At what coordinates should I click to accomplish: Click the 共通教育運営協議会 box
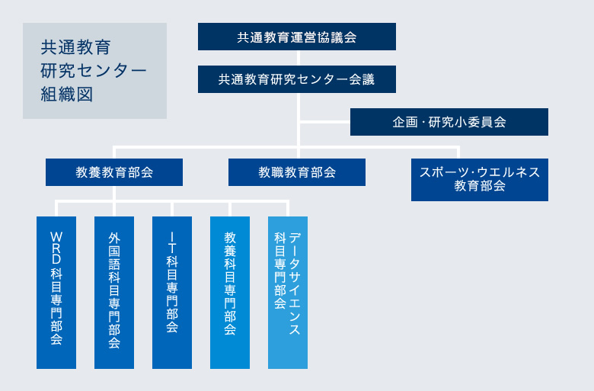click(x=297, y=37)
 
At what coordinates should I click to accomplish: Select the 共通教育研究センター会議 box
click(x=297, y=79)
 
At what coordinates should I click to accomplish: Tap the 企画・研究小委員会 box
click(x=449, y=122)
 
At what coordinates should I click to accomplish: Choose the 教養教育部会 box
click(x=114, y=172)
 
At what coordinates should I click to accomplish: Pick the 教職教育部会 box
click(x=297, y=172)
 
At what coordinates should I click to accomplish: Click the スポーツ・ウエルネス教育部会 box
click(x=480, y=180)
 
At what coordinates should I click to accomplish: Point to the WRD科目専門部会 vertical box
click(x=56, y=293)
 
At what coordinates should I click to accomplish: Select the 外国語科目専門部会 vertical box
click(x=114, y=293)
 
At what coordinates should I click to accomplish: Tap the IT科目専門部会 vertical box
click(x=172, y=293)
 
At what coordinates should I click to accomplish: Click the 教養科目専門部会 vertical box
click(x=230, y=293)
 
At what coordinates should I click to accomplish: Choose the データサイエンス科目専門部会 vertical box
click(x=288, y=293)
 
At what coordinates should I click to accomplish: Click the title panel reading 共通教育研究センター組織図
click(x=94, y=71)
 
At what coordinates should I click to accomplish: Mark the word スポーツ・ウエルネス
click(x=480, y=172)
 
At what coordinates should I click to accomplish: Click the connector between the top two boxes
click(x=297, y=58)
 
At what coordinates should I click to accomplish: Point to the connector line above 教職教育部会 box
click(x=297, y=152)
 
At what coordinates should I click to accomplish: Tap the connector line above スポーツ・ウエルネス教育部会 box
click(x=480, y=152)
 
